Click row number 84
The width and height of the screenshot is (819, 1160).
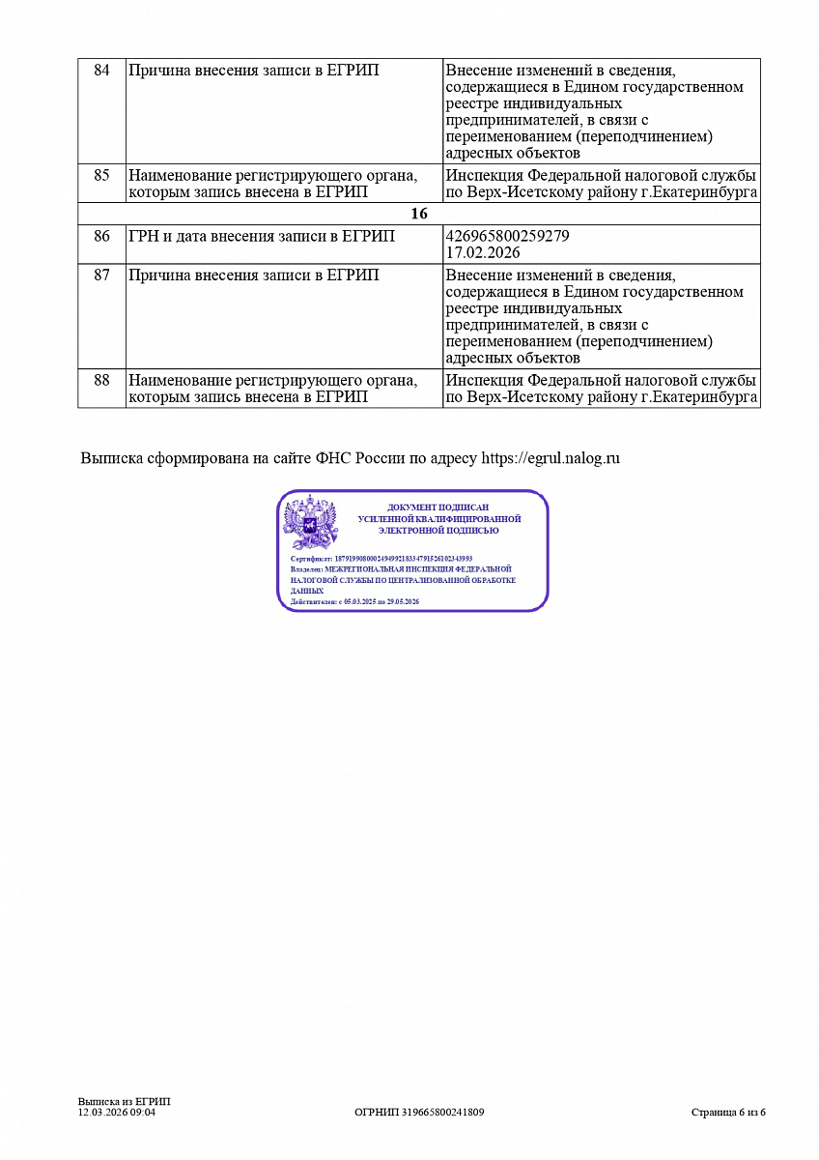(x=101, y=71)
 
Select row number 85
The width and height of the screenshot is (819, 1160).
(x=101, y=176)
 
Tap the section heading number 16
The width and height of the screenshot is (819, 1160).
(x=419, y=214)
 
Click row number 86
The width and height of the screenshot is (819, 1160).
(x=101, y=236)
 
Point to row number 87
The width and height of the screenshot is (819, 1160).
(x=101, y=275)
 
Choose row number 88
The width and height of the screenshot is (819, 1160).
(x=101, y=381)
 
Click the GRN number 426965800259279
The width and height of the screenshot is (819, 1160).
(x=508, y=236)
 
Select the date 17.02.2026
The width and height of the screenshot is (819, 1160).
(x=483, y=252)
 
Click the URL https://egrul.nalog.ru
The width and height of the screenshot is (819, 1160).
(x=551, y=458)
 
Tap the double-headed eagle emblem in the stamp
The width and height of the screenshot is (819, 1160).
(x=309, y=523)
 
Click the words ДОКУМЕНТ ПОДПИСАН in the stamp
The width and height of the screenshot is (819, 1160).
(x=438, y=507)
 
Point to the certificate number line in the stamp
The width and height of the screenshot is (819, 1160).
(x=381, y=559)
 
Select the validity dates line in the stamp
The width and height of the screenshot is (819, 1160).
(x=354, y=601)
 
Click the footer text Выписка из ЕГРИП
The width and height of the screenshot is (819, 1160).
(x=124, y=1102)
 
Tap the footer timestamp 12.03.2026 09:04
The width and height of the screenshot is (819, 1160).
(x=116, y=1113)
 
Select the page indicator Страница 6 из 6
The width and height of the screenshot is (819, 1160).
(x=728, y=1113)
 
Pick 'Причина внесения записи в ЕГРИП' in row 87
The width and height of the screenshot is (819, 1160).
(x=253, y=275)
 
